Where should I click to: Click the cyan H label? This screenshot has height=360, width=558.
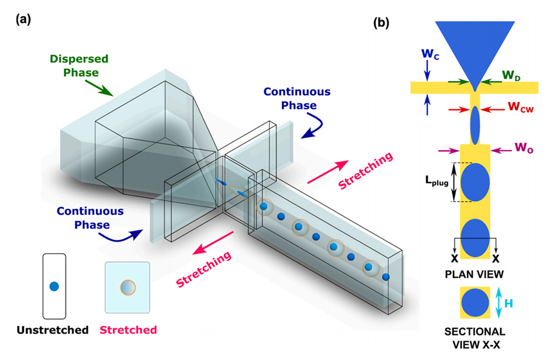[x=511, y=303]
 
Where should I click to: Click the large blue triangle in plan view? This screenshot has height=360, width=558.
[x=474, y=50]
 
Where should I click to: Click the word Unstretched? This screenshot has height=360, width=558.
[x=52, y=330]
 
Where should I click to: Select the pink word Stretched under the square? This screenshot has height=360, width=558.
[x=127, y=330]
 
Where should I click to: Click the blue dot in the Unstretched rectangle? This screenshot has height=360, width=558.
[x=54, y=286]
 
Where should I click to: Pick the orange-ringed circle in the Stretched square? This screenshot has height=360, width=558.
[x=127, y=288]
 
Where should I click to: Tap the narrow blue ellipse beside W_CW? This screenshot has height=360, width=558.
[x=474, y=125]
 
